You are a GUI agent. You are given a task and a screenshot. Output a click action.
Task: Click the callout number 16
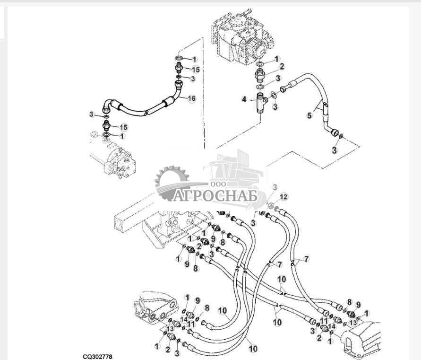pyautogui.click(x=191, y=98)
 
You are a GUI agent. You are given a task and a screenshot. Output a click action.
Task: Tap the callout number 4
pyautogui.click(x=244, y=99)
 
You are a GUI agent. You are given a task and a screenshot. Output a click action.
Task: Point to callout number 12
pyautogui.click(x=284, y=196)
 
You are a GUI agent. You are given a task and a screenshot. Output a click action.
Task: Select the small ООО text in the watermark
pyautogui.click(x=219, y=184)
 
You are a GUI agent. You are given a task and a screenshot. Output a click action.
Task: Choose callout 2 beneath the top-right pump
pyautogui.click(x=281, y=66)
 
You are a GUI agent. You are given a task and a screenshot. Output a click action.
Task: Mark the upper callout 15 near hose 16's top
pyautogui.click(x=196, y=70)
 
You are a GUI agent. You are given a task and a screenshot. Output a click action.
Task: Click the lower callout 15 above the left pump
pyautogui.click(x=123, y=127)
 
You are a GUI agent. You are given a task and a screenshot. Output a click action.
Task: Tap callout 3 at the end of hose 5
pyautogui.click(x=334, y=150)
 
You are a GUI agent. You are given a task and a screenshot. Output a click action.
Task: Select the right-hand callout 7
pyautogui.click(x=307, y=259)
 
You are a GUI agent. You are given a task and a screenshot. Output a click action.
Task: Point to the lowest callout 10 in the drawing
pyautogui.click(x=253, y=349)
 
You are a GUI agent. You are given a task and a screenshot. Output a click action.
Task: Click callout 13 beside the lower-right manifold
pyautogui.click(x=352, y=323)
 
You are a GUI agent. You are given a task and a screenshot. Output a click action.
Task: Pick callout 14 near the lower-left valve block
pyautogui.click(x=183, y=320)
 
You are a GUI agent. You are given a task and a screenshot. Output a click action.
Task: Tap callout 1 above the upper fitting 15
pyautogui.click(x=194, y=59)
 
